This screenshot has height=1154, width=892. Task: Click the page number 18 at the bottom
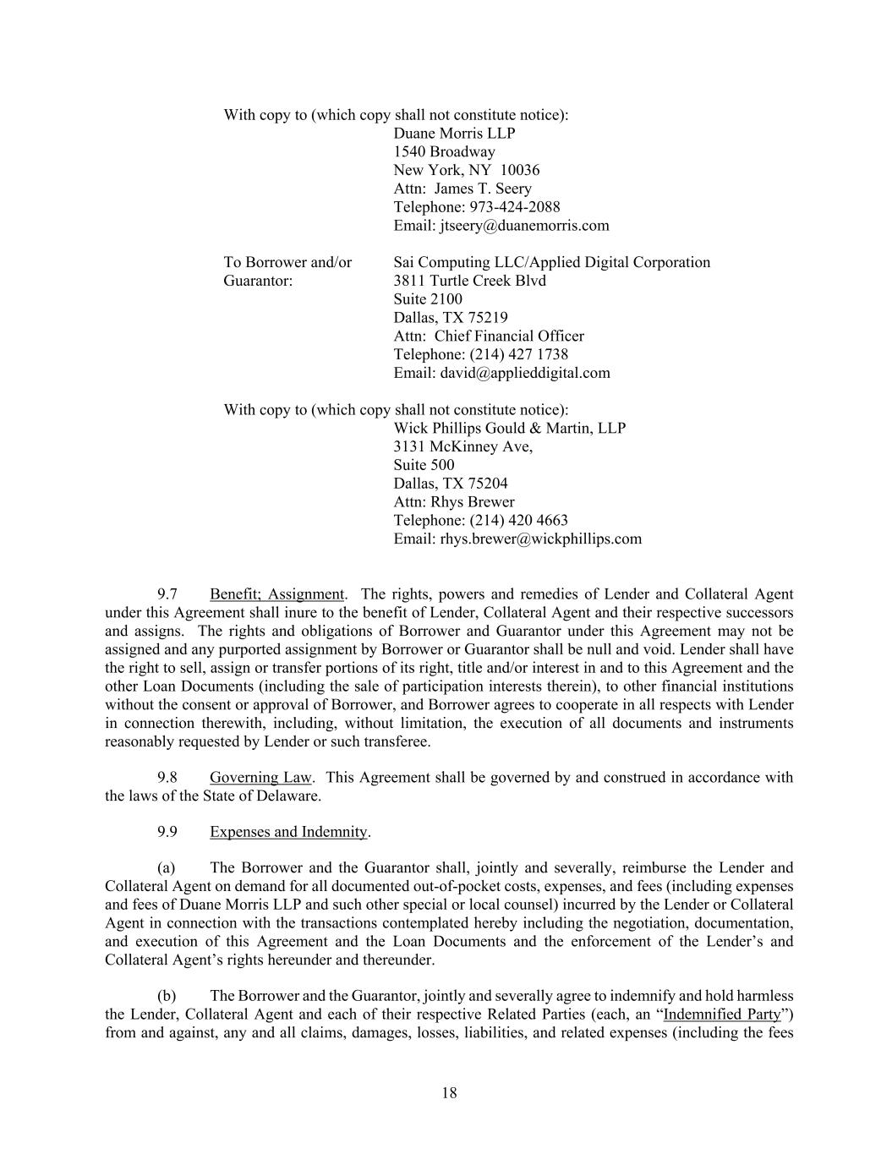[x=449, y=1093]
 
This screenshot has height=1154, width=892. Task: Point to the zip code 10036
[x=520, y=170]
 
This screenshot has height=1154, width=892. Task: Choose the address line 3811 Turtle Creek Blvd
[x=469, y=281]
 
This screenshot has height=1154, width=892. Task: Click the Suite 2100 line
[x=428, y=299]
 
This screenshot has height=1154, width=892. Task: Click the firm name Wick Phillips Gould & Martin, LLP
[x=509, y=428]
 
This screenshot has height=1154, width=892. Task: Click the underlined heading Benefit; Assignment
[x=276, y=594]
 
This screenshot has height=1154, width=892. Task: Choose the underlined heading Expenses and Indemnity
[x=288, y=832]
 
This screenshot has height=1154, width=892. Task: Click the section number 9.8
[x=167, y=777]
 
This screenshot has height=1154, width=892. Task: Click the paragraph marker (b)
[x=167, y=995]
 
